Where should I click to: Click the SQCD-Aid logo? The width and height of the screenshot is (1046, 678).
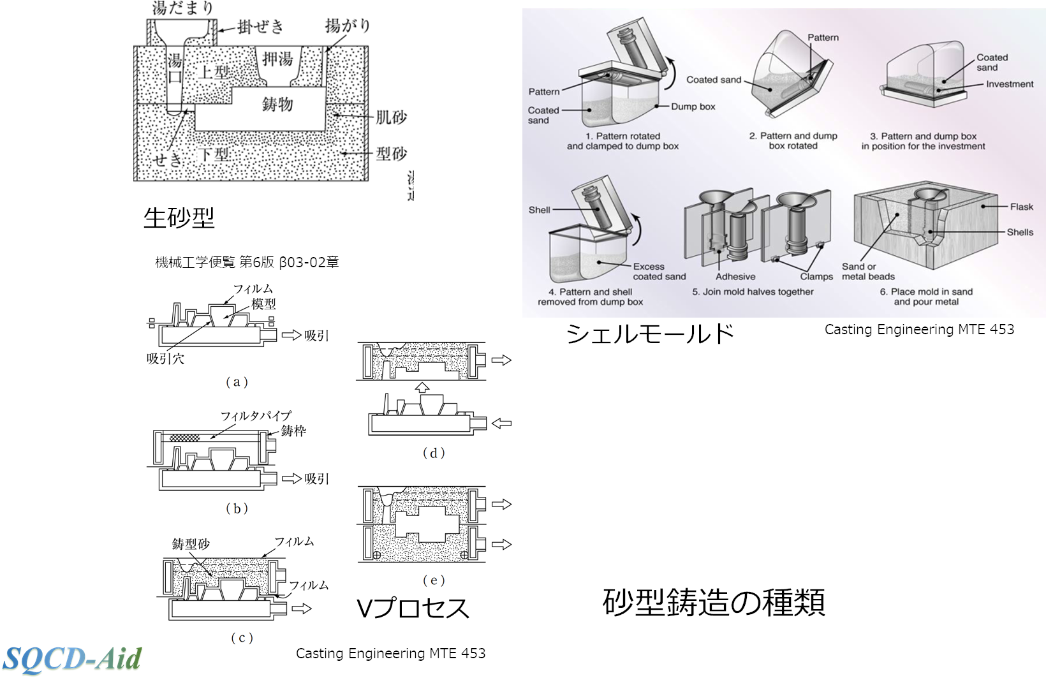point(71,659)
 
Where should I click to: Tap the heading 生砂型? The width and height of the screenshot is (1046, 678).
point(179,218)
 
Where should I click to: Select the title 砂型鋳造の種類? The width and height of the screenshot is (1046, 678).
point(714,602)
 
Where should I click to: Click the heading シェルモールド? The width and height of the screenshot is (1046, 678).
point(650,334)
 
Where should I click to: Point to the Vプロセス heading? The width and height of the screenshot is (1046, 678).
point(413,608)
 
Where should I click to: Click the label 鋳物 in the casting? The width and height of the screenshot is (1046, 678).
point(277,104)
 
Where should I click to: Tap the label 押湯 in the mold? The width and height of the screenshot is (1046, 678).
point(277,60)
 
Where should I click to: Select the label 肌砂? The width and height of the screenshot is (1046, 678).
point(390,117)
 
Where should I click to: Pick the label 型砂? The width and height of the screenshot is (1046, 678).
point(390,154)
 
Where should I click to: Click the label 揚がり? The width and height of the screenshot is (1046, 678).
point(348,26)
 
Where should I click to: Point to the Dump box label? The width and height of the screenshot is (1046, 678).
point(693,107)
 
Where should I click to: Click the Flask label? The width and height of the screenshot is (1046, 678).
point(1021,207)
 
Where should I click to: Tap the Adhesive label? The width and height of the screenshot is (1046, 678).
point(735,277)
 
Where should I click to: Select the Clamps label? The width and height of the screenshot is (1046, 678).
point(816,277)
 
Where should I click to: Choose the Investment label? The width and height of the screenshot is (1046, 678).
point(1010,84)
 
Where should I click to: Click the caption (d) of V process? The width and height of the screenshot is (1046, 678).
point(434,453)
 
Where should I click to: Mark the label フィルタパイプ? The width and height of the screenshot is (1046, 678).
point(256,416)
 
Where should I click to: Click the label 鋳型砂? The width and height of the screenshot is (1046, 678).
point(191,544)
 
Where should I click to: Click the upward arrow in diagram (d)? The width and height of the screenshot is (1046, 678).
point(422,387)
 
